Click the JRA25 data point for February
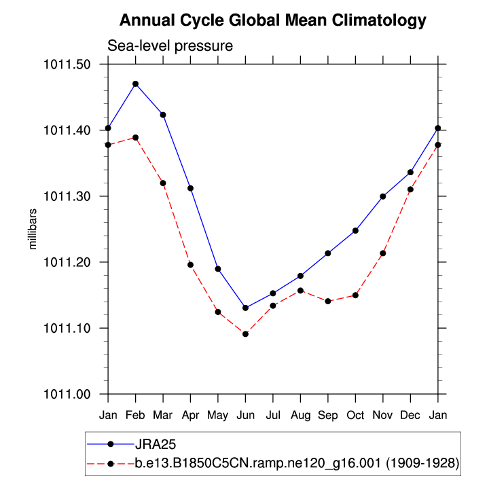[135, 84]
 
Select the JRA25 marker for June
[245, 308]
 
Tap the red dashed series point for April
[190, 265]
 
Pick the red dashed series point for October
[356, 295]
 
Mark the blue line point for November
[383, 196]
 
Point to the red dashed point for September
[328, 301]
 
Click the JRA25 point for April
[190, 188]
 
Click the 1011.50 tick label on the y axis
[71, 65]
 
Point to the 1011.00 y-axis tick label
[71, 394]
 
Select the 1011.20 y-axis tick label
[71, 262]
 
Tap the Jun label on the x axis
[245, 414]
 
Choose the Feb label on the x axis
[135, 414]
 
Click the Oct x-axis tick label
[356, 414]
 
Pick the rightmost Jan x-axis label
[438, 414]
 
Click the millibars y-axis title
[32, 230]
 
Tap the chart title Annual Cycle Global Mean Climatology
[273, 21]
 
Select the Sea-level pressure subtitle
[170, 46]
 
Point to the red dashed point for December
[411, 189]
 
